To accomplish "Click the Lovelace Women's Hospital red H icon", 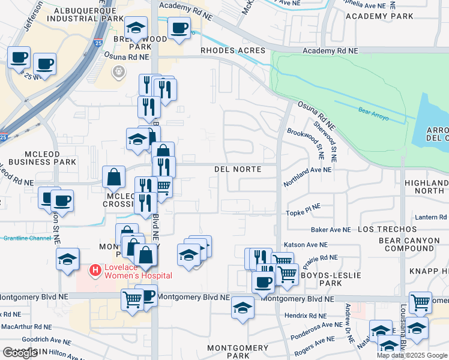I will [x=94, y=271].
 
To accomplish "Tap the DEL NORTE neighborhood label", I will [x=238, y=170].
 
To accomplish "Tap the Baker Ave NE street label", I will [x=330, y=230].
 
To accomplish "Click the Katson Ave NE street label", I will [x=306, y=245].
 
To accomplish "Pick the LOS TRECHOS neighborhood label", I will [x=387, y=230].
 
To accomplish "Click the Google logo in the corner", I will [x=20, y=353].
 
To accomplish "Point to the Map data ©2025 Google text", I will [x=412, y=355].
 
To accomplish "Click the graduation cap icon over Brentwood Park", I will [x=136, y=28].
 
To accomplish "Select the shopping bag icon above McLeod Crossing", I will [x=113, y=177].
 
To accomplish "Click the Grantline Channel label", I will [x=27, y=238].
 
